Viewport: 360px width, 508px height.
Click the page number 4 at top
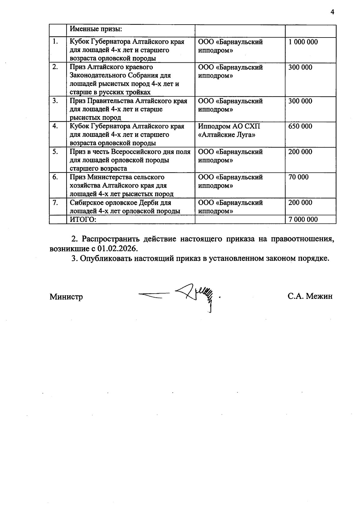332,12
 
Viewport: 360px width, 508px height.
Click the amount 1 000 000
303,42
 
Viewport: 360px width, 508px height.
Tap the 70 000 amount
298,177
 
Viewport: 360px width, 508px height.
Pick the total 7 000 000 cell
303,219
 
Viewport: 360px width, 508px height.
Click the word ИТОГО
83,219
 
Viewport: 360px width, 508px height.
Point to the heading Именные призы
96,29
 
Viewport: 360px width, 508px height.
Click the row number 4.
55,126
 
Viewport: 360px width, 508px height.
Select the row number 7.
55,203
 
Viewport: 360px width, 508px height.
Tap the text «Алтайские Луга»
227,135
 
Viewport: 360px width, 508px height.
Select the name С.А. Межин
310,296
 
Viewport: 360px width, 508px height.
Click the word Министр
66,297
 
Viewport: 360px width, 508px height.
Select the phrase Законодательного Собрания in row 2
120,76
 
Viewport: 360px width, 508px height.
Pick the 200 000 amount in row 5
300,152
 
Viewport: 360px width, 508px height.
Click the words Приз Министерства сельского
117,177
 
